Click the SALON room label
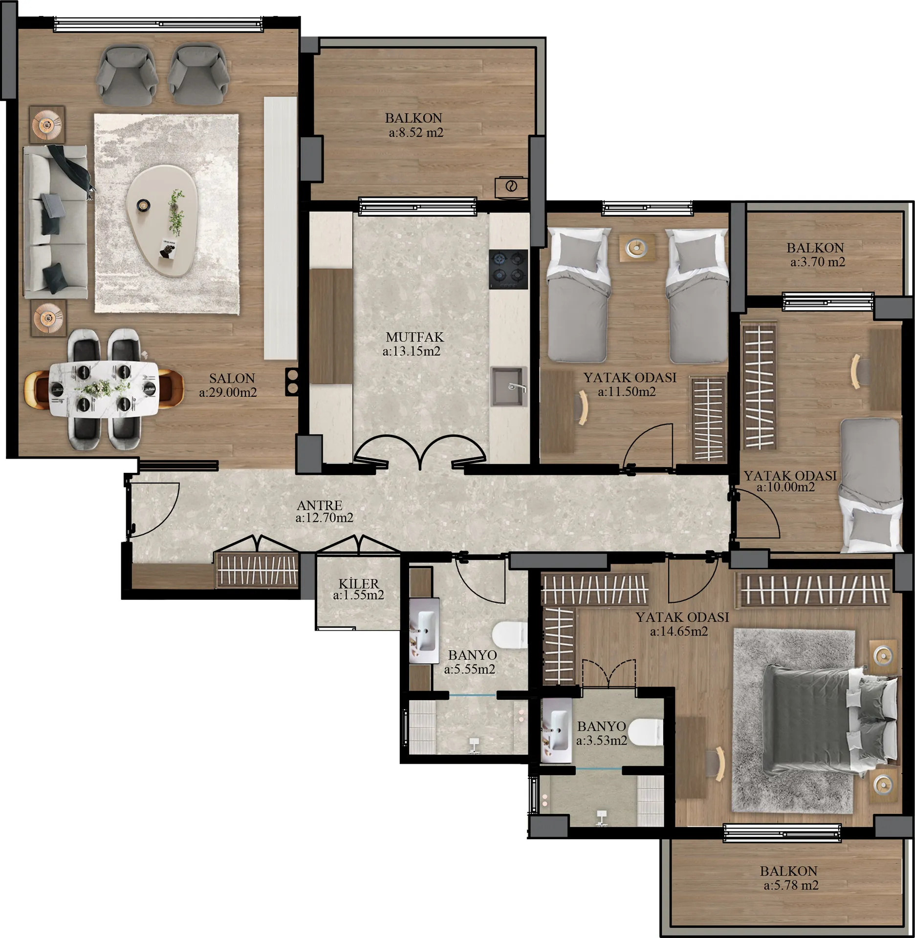tap(232, 379)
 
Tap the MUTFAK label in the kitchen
tap(415, 337)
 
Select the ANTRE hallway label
tap(320, 505)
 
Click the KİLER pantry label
tap(359, 583)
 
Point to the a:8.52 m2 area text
tap(416, 132)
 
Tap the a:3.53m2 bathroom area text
tap(602, 741)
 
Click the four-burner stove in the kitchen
tap(508, 269)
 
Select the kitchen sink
tap(509, 386)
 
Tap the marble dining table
tap(104, 388)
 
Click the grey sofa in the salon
tap(55, 222)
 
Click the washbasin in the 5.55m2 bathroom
tap(424, 631)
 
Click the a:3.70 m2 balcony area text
tap(818, 262)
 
